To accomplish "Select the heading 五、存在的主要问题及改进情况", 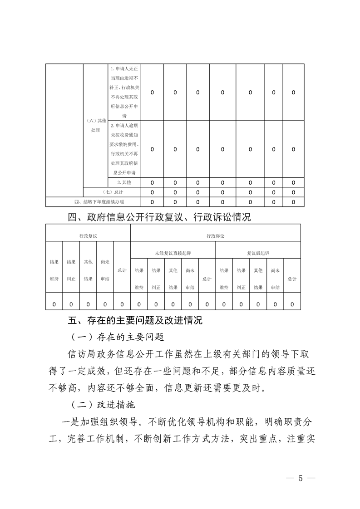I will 135,321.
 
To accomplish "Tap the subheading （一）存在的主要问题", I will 117,338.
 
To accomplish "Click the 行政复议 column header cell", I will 88,236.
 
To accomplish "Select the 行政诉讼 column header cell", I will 215,236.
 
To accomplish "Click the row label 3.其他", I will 124,182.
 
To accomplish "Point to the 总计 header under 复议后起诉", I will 292,279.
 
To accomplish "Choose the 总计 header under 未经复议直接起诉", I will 207,279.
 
